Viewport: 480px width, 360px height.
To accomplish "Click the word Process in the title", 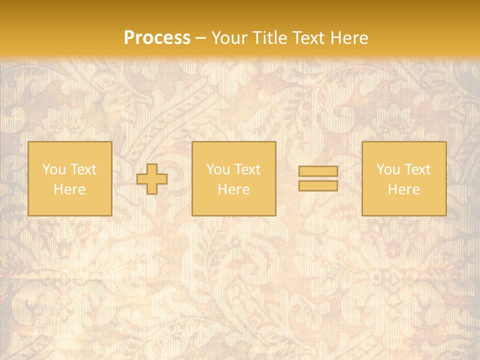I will click(x=157, y=37).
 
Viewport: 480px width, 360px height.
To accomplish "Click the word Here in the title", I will click(x=351, y=37).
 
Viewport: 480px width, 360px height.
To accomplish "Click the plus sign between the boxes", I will click(x=152, y=179).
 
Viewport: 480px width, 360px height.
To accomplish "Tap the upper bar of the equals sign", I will click(x=318, y=171).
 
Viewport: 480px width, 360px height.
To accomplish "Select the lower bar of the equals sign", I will click(x=318, y=186).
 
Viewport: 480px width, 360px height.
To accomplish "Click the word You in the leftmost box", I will click(x=53, y=169).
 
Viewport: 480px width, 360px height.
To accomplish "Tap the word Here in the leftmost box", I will click(x=69, y=189).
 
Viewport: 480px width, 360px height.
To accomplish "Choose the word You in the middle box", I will click(x=217, y=169).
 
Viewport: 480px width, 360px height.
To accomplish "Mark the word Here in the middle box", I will click(x=233, y=189).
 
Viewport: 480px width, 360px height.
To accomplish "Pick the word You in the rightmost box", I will click(x=387, y=169).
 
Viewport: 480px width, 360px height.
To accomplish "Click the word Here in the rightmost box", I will click(x=403, y=189).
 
